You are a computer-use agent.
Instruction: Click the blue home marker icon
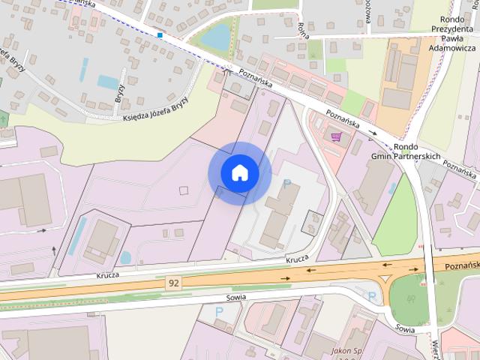[x=239, y=173]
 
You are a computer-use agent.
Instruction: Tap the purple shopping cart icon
[x=337, y=136]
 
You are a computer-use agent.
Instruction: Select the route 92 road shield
[x=173, y=282]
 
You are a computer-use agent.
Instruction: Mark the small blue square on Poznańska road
[x=160, y=34]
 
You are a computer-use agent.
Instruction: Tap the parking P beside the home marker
[x=286, y=183]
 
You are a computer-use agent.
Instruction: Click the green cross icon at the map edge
[x=2, y=118]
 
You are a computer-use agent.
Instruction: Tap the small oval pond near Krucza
[x=125, y=257]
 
